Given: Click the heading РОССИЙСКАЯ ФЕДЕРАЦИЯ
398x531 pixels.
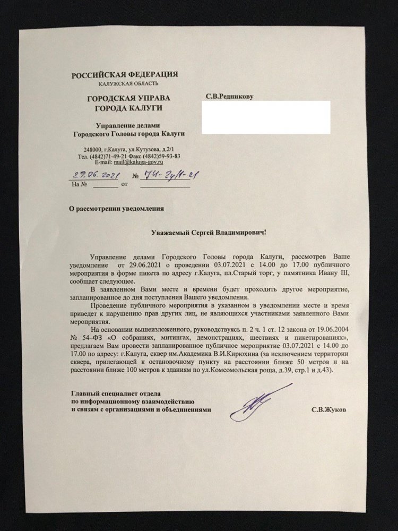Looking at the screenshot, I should (125, 74).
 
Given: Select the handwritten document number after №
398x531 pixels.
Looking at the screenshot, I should (164, 175).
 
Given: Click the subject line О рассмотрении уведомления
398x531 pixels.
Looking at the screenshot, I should (117, 209).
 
